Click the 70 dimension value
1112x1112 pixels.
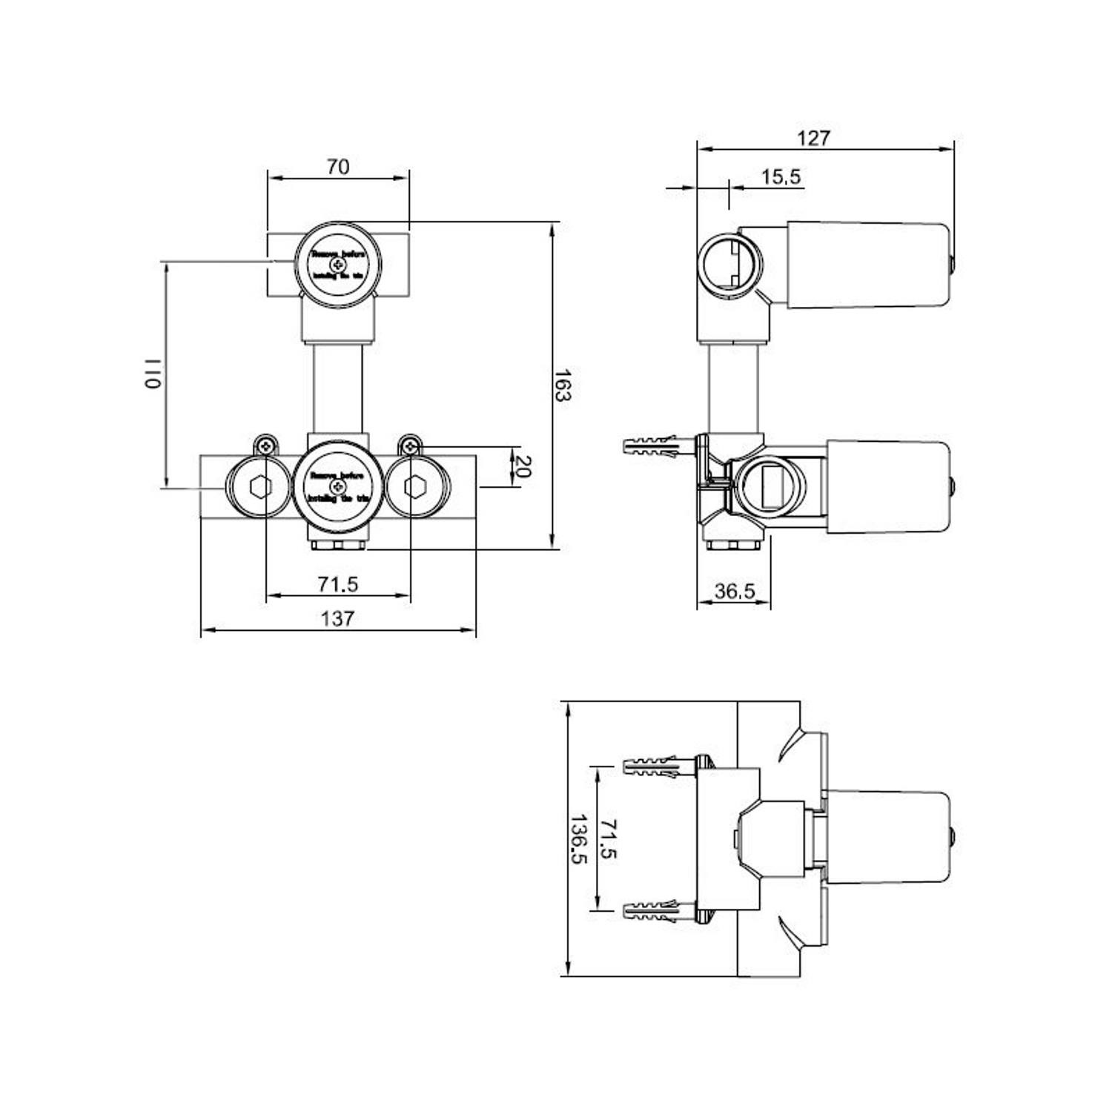coord(338,167)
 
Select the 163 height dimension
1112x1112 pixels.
coord(563,385)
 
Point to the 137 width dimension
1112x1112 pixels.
coord(337,618)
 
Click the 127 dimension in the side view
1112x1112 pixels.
coord(813,138)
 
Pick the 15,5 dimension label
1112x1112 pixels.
coord(781,177)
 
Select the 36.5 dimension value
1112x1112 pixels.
coord(735,591)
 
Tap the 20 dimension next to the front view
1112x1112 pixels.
coord(523,466)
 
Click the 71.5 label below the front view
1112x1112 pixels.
coord(338,584)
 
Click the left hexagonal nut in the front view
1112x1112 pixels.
coord(261,487)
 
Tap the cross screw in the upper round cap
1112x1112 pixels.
coord(339,265)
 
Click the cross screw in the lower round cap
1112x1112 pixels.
coord(339,486)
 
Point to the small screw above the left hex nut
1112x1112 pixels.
coord(266,446)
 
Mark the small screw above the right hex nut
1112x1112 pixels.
coord(409,446)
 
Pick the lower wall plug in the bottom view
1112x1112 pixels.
coord(653,910)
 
